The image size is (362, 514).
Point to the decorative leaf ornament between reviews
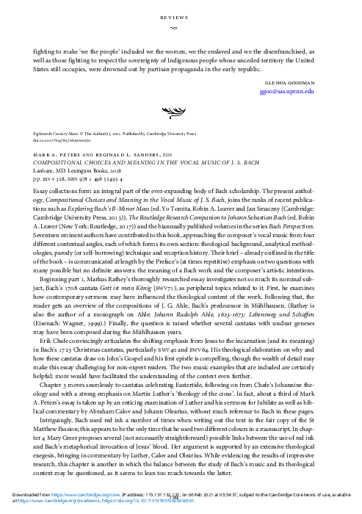[181, 112]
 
